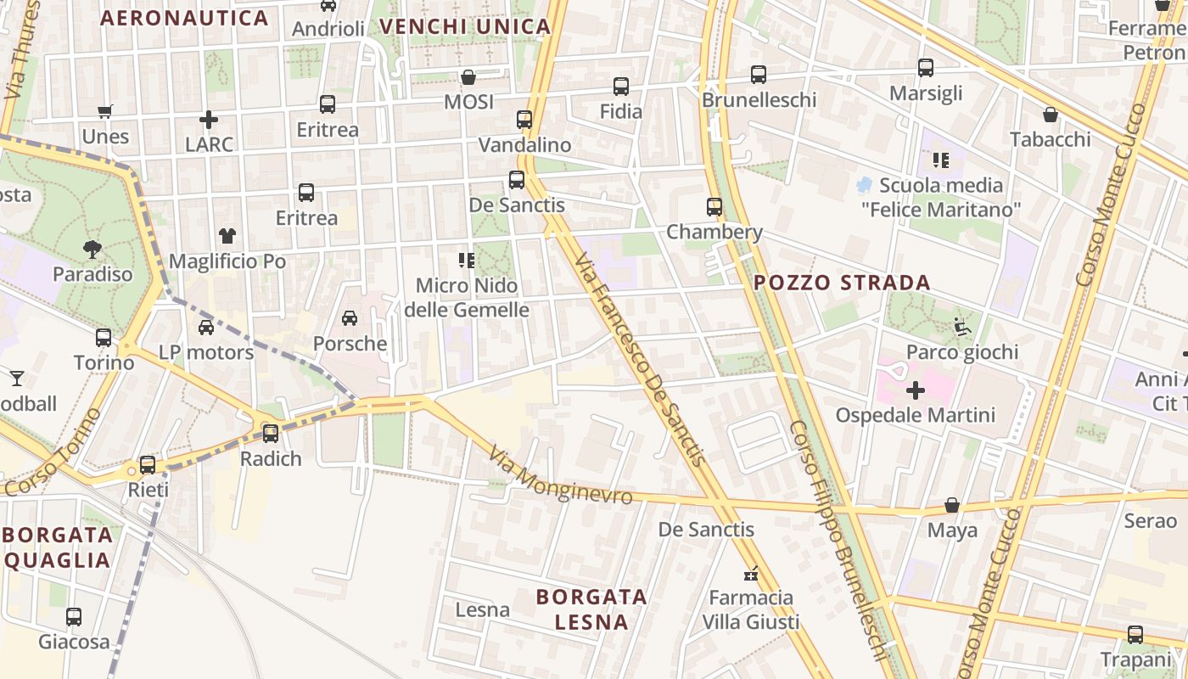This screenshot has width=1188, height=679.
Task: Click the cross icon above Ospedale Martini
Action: click(x=915, y=391)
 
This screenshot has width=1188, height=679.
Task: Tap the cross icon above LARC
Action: click(x=209, y=120)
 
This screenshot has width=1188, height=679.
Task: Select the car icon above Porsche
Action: click(x=349, y=318)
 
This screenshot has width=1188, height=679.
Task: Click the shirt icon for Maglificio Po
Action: click(x=227, y=235)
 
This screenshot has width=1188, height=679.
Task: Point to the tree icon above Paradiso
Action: click(x=92, y=249)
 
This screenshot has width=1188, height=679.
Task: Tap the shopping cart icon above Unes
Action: click(x=105, y=111)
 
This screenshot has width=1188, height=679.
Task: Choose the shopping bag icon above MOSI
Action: click(x=468, y=77)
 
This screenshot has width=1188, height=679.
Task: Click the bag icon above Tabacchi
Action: click(x=1050, y=115)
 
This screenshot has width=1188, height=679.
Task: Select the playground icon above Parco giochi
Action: click(x=961, y=327)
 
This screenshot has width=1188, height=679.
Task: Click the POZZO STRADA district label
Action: click(x=842, y=283)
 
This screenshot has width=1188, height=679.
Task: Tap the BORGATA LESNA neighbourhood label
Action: click(x=591, y=609)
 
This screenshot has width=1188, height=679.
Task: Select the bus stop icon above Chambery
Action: click(x=714, y=207)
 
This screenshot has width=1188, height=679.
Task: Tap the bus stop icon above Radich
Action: click(x=271, y=434)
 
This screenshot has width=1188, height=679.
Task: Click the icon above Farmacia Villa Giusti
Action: click(x=750, y=574)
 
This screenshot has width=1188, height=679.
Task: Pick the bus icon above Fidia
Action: click(x=621, y=87)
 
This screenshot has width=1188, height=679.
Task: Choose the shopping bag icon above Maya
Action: click(x=952, y=506)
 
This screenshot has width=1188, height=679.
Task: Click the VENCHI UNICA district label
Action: click(x=465, y=26)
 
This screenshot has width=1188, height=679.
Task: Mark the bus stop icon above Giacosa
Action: click(x=74, y=617)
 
